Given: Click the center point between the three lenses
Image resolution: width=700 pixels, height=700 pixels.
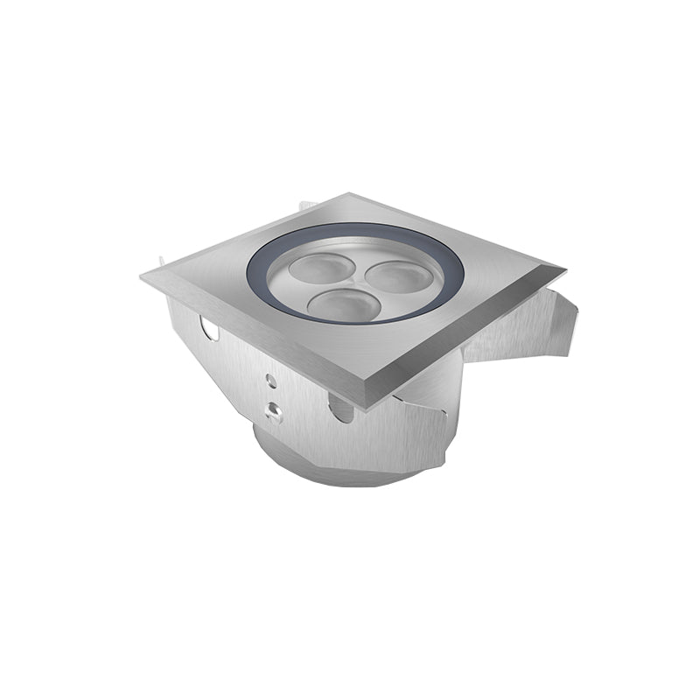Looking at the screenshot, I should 353,283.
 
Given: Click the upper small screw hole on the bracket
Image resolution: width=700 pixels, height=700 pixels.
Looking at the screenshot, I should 272,381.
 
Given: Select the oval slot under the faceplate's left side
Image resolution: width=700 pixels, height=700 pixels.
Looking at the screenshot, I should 208,329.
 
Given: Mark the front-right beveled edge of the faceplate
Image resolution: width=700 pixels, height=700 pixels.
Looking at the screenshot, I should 472,337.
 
